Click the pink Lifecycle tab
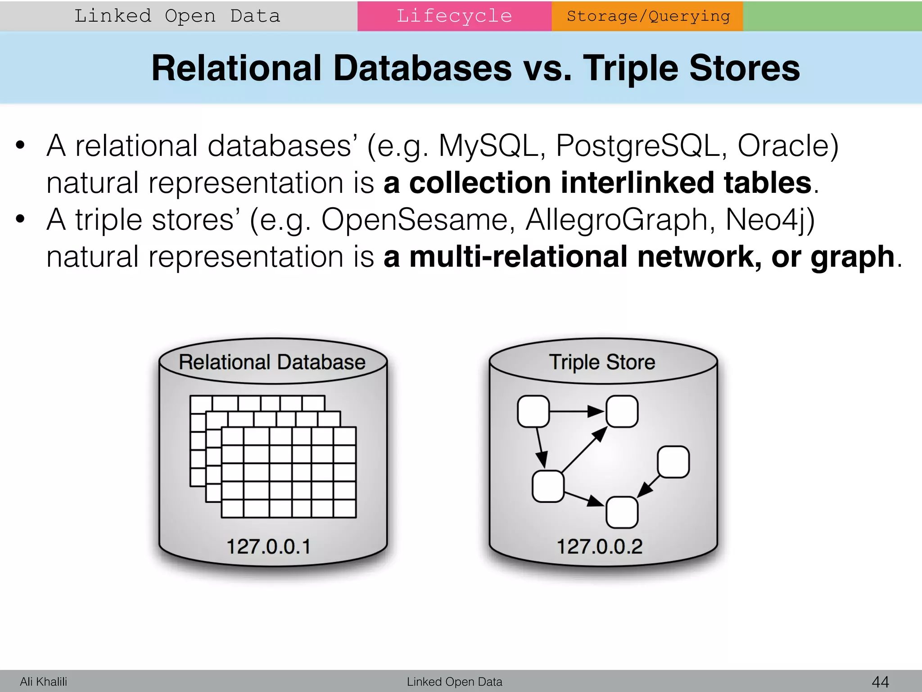(454, 16)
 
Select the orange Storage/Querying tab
(647, 16)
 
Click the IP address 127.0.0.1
(269, 546)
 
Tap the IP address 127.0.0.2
(600, 546)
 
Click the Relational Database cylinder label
(272, 362)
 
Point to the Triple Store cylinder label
(602, 362)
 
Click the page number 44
(881, 682)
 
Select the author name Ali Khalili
(43, 682)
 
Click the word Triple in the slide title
(630, 68)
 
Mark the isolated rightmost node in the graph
(673, 462)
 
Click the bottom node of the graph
(622, 512)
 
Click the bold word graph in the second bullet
(852, 257)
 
